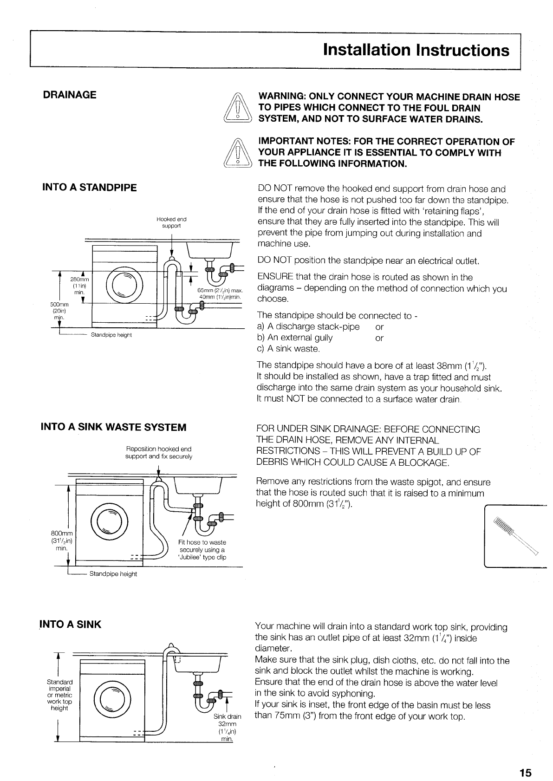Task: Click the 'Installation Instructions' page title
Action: click(416, 50)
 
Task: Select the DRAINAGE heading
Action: click(70, 95)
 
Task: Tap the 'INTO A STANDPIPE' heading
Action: click(90, 188)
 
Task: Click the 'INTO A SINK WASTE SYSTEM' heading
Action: click(114, 427)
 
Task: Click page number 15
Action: click(525, 747)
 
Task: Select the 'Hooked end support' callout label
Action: click(171, 222)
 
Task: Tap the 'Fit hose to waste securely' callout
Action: click(202, 550)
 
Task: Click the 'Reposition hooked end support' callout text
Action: click(158, 453)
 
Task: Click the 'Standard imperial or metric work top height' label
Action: click(60, 695)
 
